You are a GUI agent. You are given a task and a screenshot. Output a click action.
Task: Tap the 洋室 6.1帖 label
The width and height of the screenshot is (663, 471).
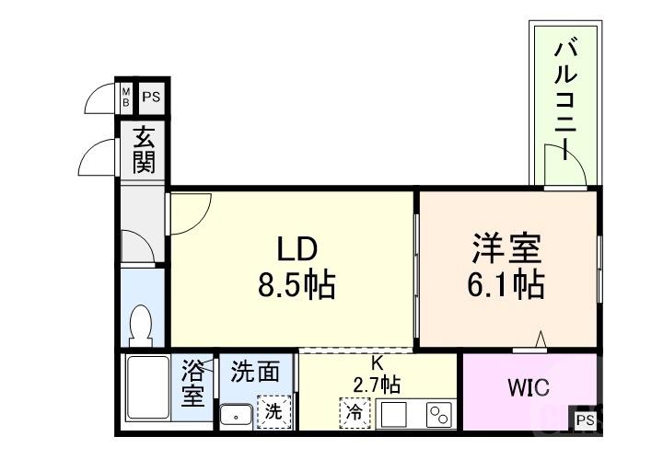506,267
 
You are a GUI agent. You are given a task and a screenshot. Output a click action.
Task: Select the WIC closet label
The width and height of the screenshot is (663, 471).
529,387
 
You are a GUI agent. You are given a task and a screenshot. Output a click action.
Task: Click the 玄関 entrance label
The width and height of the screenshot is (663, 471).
144,152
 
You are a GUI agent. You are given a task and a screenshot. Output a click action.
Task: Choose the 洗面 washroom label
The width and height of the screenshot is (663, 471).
255,372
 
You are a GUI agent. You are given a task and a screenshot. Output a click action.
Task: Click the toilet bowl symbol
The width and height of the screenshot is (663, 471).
141,323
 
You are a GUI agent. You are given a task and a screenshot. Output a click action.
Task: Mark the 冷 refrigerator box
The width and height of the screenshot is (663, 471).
353,412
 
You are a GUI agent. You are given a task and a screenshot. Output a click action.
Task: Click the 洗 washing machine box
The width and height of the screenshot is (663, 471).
273,411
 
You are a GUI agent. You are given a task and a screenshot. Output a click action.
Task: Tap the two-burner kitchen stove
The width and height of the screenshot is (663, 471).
437,415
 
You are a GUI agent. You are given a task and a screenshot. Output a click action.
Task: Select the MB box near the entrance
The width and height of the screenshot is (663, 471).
126,96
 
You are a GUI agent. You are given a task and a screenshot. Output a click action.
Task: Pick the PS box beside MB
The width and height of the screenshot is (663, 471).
150,96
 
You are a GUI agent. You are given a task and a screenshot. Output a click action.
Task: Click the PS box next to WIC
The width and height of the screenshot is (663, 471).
585,419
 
